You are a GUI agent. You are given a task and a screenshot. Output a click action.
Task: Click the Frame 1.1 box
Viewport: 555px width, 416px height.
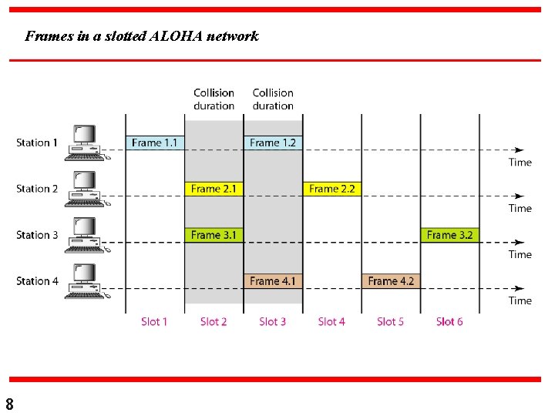pos(155,143)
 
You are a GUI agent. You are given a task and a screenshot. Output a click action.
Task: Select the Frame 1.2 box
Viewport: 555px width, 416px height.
pos(273,143)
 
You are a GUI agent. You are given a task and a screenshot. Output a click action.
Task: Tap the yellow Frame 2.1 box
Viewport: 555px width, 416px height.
pos(214,189)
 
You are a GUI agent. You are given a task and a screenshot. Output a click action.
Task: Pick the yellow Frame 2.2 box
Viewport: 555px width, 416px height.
pos(331,189)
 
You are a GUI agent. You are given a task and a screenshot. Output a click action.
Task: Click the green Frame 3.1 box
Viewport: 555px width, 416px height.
pos(214,235)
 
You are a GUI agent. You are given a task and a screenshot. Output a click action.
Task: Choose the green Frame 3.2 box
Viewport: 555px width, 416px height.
pos(449,235)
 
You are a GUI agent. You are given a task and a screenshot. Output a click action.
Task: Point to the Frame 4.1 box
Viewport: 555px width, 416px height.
pos(273,281)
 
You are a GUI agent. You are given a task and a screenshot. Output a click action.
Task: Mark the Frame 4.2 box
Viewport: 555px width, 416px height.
pos(391,281)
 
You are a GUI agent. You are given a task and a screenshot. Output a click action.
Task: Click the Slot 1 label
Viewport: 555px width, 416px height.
pos(154,321)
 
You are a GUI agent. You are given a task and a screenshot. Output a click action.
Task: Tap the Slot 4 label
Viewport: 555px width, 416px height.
pos(331,321)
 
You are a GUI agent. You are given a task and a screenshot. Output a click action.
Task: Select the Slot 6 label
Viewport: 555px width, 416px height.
pos(449,321)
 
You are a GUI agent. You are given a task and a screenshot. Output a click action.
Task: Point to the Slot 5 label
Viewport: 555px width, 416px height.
pos(391,321)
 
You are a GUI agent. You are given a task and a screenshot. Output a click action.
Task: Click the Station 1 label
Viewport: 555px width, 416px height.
pos(37,143)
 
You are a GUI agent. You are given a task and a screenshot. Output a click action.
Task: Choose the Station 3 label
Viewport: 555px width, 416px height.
pos(37,235)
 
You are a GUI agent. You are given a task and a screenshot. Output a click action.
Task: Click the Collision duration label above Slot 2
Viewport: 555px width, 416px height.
pos(214,99)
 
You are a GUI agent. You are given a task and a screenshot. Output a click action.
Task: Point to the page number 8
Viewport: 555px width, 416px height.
pos(9,404)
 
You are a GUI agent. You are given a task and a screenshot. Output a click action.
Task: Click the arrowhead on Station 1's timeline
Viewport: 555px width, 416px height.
pos(520,150)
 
